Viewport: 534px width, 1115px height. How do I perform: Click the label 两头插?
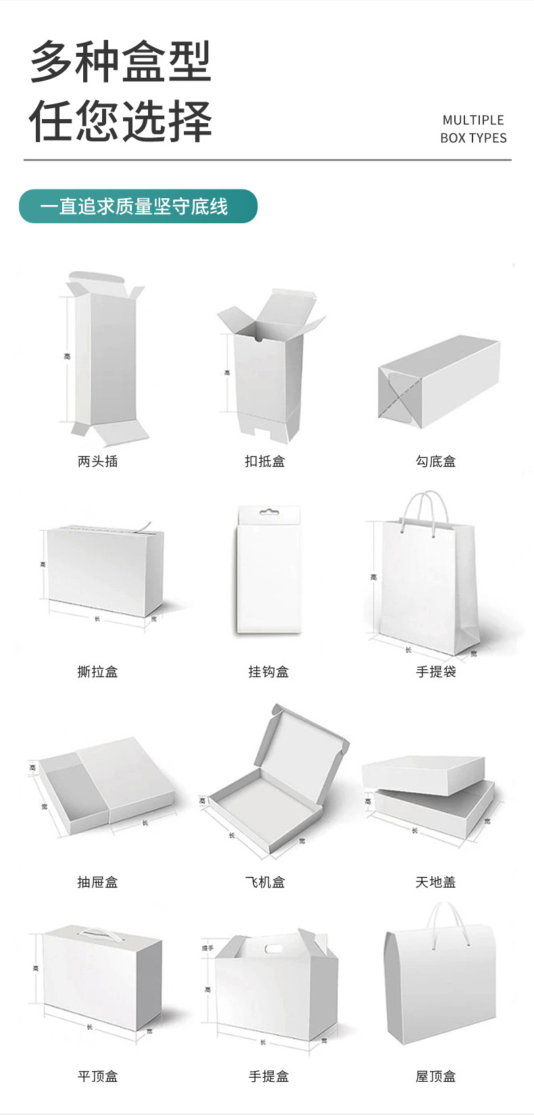point(97,461)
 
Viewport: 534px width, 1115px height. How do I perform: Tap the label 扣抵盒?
point(264,461)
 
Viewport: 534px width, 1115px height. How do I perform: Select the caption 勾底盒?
point(435,461)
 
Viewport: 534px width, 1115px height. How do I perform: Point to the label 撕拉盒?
point(97,672)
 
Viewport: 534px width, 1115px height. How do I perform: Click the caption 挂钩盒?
point(268,672)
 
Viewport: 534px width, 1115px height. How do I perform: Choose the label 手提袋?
point(435,672)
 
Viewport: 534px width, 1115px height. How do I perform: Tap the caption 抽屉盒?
point(97,882)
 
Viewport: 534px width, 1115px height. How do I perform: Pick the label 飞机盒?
point(264,882)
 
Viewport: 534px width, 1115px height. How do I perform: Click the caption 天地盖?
point(435,882)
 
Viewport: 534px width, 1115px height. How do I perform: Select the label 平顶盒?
point(97,1076)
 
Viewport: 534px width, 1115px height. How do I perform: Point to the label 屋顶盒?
point(435,1076)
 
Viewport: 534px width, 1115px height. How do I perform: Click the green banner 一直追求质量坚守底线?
point(138,206)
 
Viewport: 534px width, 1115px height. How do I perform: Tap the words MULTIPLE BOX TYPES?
point(473,129)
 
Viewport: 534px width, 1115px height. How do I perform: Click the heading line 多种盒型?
point(121,62)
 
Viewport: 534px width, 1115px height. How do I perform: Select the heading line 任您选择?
point(121,122)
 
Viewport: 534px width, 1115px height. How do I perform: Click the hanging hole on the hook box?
point(269,512)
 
